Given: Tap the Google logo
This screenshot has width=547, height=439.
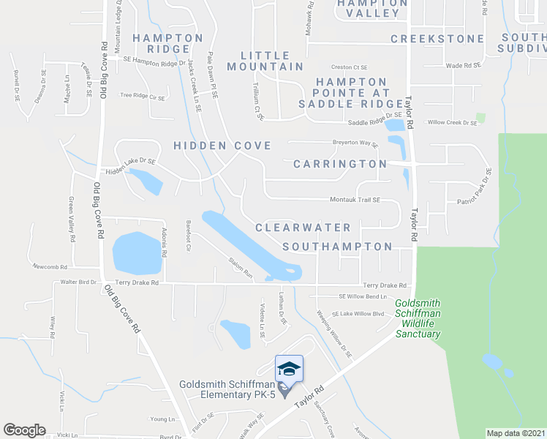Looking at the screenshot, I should (24, 430).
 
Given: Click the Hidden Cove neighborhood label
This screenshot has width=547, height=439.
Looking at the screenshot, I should (222, 146).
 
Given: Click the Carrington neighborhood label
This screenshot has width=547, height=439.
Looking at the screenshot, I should (339, 164).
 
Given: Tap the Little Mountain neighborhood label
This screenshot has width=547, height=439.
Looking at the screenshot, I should (272, 61).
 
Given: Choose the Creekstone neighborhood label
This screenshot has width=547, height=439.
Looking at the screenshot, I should (437, 39).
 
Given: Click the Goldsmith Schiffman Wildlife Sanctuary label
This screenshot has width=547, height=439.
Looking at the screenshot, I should (418, 318).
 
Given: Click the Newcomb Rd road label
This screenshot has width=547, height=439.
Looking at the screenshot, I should (50, 267).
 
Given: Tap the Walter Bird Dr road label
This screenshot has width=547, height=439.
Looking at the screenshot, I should (79, 282).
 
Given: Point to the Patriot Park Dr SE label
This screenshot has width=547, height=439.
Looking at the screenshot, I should (474, 187).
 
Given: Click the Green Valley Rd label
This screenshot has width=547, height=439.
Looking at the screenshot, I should (72, 219).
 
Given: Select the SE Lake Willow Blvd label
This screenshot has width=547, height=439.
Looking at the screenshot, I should (358, 314).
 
